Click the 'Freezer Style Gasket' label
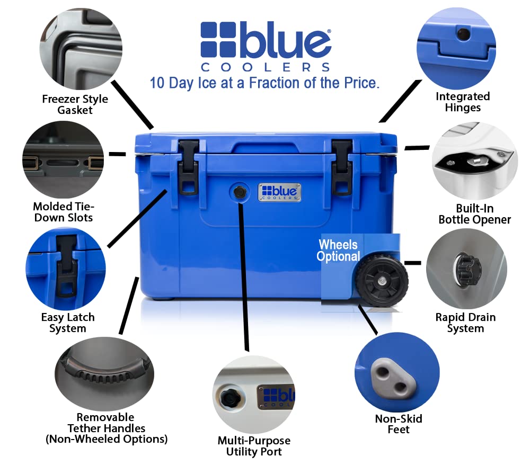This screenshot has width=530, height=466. click(x=75, y=104)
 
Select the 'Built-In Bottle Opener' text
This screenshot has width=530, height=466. click(x=474, y=213)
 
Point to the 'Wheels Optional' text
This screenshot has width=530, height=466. click(x=338, y=250)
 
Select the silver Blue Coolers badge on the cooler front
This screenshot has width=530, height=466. click(x=280, y=192)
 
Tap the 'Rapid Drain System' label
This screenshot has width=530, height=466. click(x=465, y=322)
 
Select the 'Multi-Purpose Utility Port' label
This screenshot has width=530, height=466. click(x=254, y=446)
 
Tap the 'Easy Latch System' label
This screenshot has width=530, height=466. click(x=68, y=322)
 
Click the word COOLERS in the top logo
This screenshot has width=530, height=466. click(x=265, y=67)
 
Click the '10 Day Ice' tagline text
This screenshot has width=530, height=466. click(x=264, y=83)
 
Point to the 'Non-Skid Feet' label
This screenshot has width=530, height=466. click(x=399, y=424)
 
